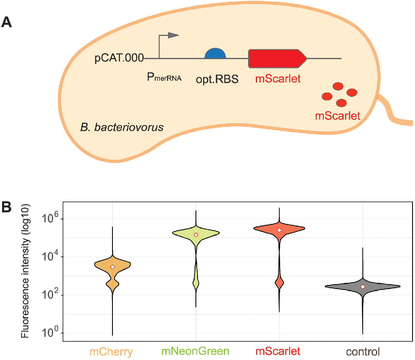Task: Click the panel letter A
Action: (7, 22)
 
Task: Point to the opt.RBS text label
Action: (217, 78)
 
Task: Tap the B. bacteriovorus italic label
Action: (122, 126)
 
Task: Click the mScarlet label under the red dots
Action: (337, 116)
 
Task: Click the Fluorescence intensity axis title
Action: (26, 270)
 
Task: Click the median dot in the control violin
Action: (363, 287)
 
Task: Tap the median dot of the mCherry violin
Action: (112, 267)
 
